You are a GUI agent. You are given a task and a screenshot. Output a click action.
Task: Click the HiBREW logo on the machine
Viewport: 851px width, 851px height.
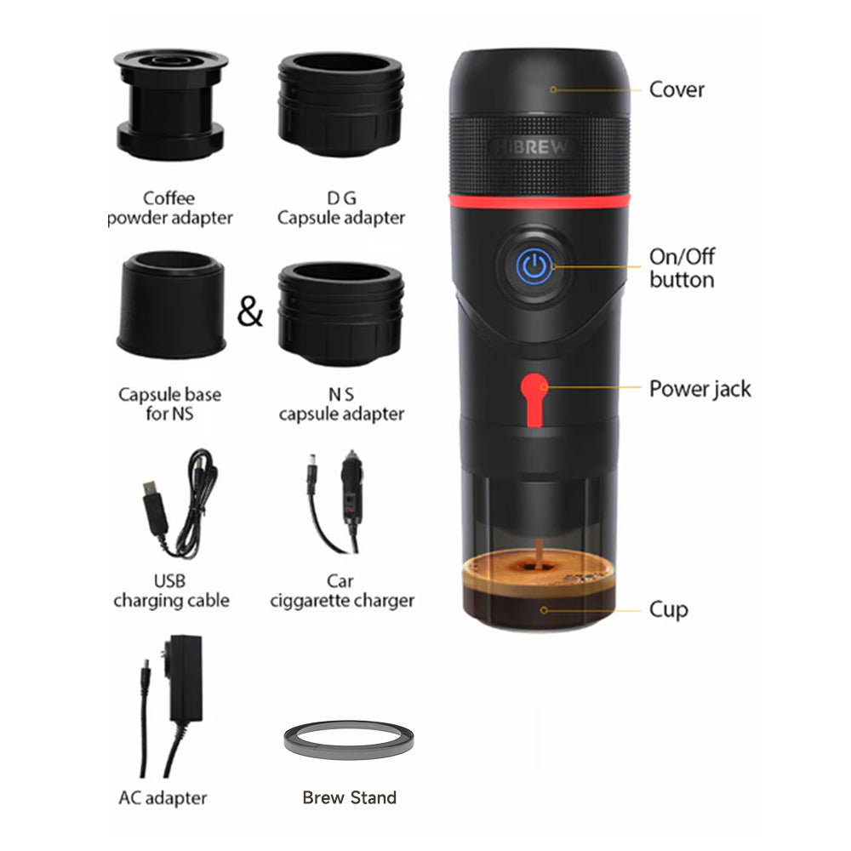tap(534, 146)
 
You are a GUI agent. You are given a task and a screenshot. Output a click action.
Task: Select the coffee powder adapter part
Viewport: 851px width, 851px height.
tap(170, 106)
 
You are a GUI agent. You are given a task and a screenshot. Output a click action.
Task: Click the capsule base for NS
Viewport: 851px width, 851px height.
tap(170, 304)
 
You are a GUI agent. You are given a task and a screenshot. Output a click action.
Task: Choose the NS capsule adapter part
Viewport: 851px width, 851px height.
tap(340, 312)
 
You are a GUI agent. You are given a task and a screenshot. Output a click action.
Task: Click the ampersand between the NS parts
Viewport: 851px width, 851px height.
tap(250, 313)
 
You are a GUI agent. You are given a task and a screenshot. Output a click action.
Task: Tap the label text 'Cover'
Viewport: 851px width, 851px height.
tap(677, 89)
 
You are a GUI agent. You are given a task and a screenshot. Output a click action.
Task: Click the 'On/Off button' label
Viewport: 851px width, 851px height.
tap(682, 268)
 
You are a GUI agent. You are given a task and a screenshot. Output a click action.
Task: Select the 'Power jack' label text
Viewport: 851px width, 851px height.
tap(700, 389)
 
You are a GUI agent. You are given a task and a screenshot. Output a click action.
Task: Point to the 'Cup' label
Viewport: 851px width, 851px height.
tap(668, 609)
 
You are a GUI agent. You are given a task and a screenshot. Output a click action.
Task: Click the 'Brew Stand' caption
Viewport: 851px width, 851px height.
tap(349, 797)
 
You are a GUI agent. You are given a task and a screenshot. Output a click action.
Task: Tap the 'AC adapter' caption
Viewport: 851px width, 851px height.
tap(163, 798)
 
